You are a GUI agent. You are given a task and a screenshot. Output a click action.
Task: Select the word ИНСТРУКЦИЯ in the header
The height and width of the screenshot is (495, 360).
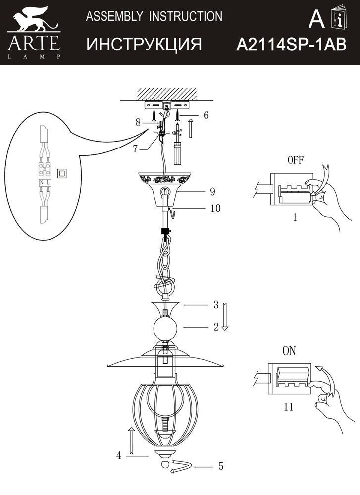(144, 45)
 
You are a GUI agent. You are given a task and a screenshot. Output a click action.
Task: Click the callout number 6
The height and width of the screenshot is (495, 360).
(206, 115)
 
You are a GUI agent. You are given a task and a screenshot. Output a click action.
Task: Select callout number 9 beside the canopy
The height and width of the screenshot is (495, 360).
(211, 191)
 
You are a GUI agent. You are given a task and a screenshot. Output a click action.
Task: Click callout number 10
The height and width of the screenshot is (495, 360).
(215, 208)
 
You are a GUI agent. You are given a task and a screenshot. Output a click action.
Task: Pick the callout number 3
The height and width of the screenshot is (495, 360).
(216, 305)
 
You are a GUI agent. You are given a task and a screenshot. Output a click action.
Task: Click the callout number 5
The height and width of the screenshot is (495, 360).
(220, 466)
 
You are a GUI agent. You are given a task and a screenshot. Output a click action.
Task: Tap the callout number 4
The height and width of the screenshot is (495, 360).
(119, 456)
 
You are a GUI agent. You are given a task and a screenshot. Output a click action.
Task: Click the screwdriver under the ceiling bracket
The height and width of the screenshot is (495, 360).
(178, 151)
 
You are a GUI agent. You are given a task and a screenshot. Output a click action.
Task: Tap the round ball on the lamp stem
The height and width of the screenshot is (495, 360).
(165, 328)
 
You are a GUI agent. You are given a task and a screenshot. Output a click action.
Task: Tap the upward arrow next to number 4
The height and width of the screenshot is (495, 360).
(131, 441)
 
